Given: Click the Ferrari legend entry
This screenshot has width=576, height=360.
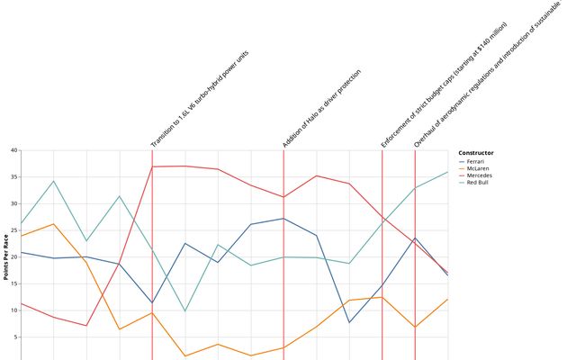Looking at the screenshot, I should pyautogui.click(x=476, y=161).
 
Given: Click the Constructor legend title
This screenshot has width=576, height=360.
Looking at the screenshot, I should pyautogui.click(x=475, y=153).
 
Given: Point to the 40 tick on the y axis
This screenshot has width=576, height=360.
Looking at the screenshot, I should pyautogui.click(x=13, y=150).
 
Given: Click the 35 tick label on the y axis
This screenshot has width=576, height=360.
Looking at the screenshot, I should pyautogui.click(x=13, y=177).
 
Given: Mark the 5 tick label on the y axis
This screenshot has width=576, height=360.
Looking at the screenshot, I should pyautogui.click(x=15, y=337).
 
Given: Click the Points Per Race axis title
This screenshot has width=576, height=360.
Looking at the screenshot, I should pyautogui.click(x=6, y=256).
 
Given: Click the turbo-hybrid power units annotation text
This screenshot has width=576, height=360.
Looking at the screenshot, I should pyautogui.click(x=200, y=99).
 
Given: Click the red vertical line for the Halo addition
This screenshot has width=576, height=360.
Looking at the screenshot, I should pyautogui.click(x=283, y=270).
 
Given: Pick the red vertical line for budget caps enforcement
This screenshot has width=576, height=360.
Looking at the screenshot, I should pyautogui.click(x=382, y=270).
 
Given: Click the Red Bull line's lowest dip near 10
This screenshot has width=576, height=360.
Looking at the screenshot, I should pyautogui.click(x=185, y=311).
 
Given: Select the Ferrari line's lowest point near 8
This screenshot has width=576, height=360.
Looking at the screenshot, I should pyautogui.click(x=349, y=322).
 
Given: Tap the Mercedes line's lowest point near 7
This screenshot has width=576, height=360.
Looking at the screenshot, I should pyautogui.click(x=86, y=325).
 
